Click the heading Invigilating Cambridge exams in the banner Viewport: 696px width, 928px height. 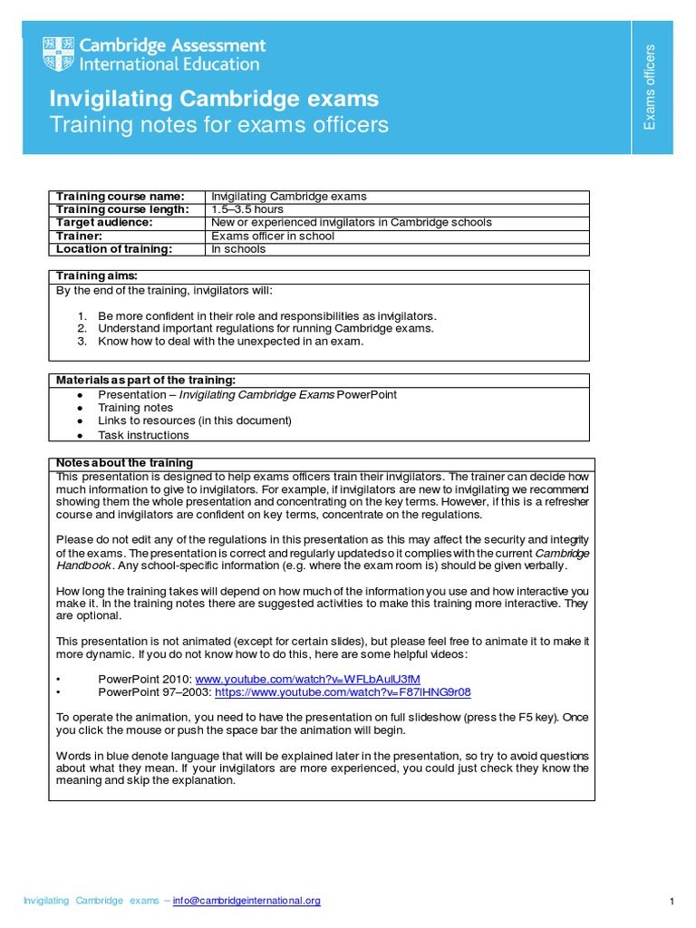(214, 99)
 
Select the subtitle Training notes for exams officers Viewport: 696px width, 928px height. (218, 125)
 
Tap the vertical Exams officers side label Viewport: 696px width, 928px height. (649, 86)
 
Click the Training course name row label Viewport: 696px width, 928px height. (120, 197)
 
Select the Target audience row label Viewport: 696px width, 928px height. (104, 222)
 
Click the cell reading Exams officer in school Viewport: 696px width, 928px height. (273, 236)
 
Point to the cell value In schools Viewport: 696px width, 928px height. (238, 248)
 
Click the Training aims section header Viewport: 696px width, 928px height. (97, 275)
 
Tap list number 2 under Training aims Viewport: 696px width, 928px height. (81, 328)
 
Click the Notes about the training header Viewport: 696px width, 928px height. (124, 463)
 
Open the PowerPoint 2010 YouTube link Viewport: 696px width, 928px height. (308, 679)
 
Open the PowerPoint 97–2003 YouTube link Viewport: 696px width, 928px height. (343, 691)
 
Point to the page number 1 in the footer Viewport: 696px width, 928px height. (672, 902)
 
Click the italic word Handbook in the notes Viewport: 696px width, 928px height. (83, 565)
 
